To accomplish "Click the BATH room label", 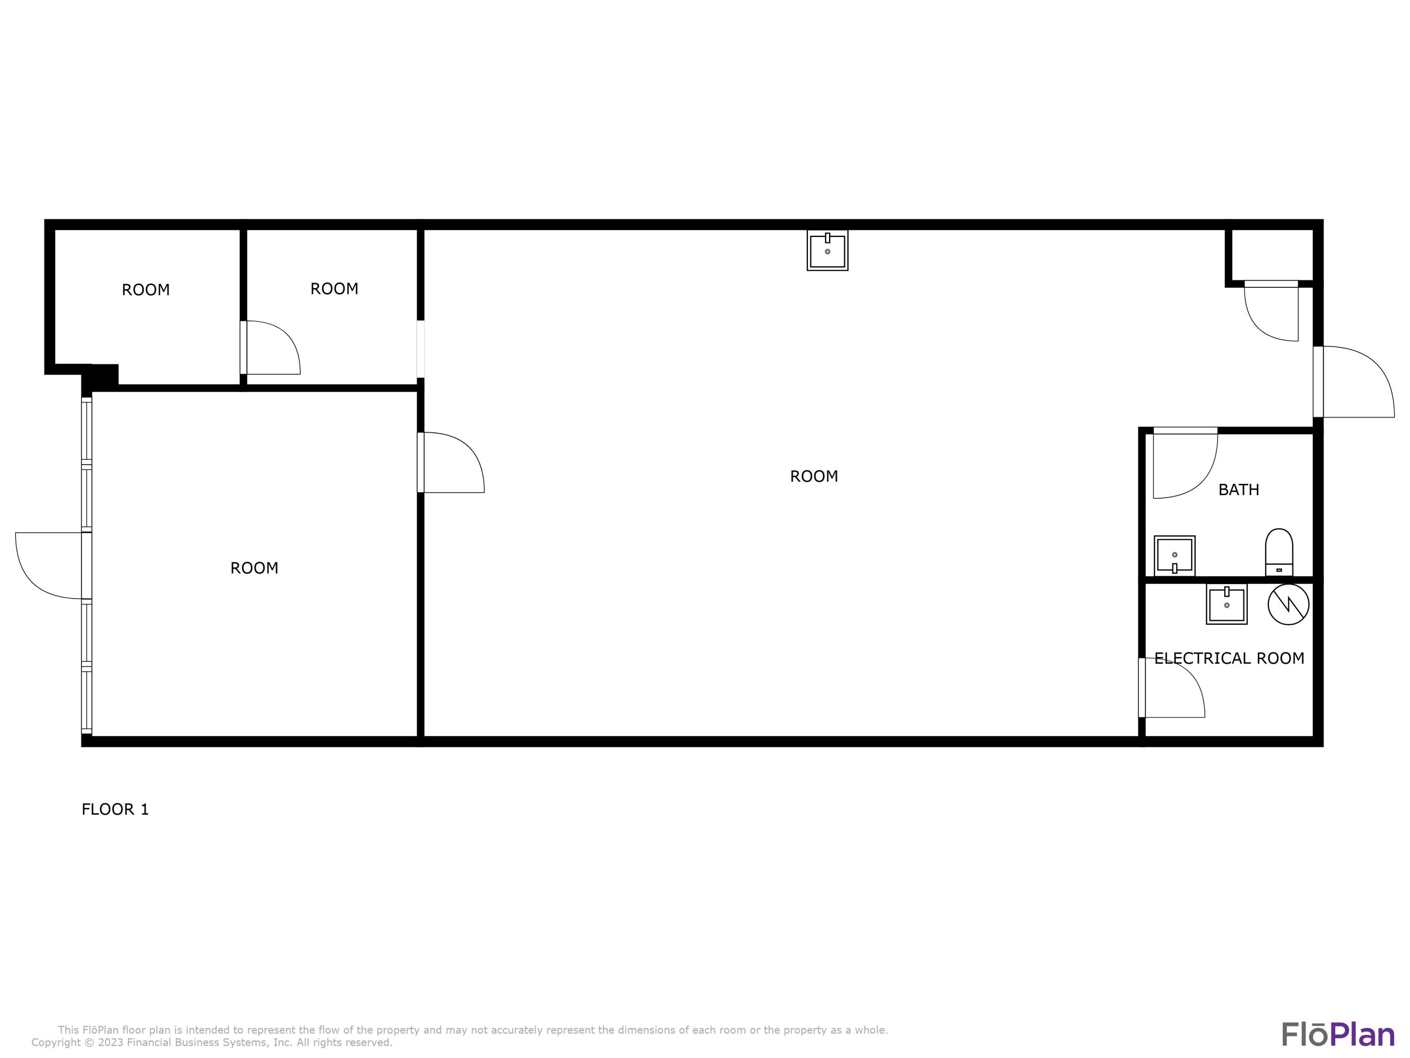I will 1238,490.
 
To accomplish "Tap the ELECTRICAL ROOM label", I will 1229,658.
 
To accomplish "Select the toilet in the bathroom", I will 1279,553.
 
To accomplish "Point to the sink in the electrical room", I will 1226,605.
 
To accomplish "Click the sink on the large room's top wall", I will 827,251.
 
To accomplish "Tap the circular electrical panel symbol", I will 1288,604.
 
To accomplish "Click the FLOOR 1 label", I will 115,809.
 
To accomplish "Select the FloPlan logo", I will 1337,1034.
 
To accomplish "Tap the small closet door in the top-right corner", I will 1271,311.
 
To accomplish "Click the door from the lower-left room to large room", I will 450,462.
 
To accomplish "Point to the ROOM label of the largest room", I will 814,476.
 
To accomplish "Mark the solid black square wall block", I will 102,376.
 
